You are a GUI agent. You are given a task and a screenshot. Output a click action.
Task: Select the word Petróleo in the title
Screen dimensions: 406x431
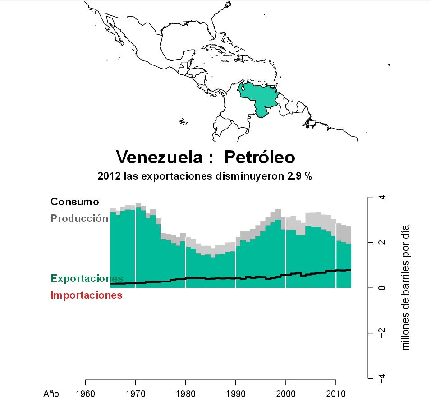(260, 157)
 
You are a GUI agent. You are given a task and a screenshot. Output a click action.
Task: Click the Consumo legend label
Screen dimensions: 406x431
(74, 202)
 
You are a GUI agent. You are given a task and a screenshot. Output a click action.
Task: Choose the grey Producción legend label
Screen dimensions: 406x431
(79, 218)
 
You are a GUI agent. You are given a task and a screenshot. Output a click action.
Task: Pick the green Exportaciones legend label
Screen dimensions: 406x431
(87, 278)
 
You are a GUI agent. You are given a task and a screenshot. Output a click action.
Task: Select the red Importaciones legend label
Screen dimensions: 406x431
(87, 295)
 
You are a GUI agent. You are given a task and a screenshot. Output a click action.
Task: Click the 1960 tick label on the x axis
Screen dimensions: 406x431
(86, 393)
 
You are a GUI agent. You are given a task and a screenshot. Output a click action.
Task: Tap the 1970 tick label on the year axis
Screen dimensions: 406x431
(136, 393)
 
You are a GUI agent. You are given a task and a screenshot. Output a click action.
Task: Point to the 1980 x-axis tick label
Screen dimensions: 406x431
(186, 393)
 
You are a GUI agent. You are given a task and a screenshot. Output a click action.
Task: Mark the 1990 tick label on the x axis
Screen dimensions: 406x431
(236, 393)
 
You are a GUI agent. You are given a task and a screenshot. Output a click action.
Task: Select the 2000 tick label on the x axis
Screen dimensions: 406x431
(286, 393)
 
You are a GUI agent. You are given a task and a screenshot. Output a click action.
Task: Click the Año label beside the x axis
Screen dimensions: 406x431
(51, 394)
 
